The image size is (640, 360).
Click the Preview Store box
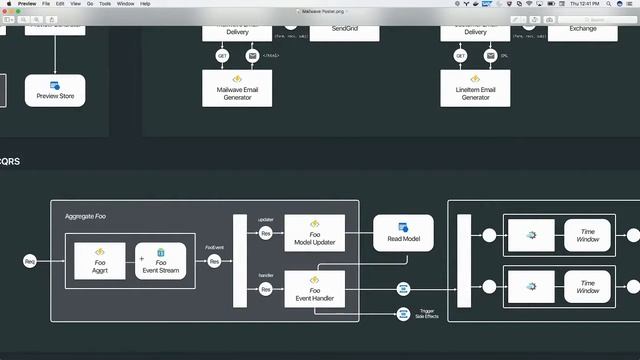55,90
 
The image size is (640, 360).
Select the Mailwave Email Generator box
238,90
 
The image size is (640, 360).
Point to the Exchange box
583,29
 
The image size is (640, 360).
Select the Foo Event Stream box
160,261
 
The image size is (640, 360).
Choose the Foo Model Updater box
314,233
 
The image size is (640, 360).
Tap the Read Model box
403,233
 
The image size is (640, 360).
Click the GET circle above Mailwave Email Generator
223,56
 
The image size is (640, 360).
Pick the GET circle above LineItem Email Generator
460,56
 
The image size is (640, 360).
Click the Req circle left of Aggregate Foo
30,261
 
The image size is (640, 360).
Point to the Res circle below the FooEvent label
214,261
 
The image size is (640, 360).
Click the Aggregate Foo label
86,216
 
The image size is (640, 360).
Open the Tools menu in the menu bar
104,4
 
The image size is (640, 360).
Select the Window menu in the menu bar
125,4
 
